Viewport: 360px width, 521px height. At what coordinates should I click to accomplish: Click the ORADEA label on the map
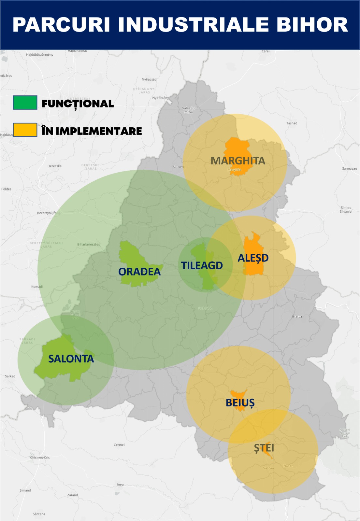(139, 272)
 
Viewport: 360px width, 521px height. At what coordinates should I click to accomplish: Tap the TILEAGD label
(202, 266)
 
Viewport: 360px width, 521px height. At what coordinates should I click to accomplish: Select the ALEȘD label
(253, 258)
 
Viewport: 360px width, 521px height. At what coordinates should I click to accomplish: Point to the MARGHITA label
(238, 161)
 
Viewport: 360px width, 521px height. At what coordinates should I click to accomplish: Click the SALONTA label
(71, 359)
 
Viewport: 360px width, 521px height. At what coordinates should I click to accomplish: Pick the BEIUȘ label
(240, 403)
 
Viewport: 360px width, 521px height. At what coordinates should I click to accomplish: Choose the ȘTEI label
(264, 448)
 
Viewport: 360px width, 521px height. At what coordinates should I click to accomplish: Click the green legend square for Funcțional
(25, 103)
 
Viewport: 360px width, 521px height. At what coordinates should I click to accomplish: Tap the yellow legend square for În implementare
(25, 130)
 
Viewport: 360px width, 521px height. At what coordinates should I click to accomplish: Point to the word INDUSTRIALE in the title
(194, 25)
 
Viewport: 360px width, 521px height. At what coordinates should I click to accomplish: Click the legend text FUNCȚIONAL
(78, 104)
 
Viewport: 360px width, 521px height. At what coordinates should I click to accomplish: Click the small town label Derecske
(54, 166)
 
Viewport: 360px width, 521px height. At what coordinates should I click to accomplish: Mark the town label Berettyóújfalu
(48, 213)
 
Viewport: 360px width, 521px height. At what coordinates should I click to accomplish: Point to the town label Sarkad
(10, 376)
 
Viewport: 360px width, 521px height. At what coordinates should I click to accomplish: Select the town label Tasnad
(292, 123)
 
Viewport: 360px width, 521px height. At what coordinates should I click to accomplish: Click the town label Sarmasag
(349, 168)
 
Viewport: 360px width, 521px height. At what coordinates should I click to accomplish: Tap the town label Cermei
(119, 445)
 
